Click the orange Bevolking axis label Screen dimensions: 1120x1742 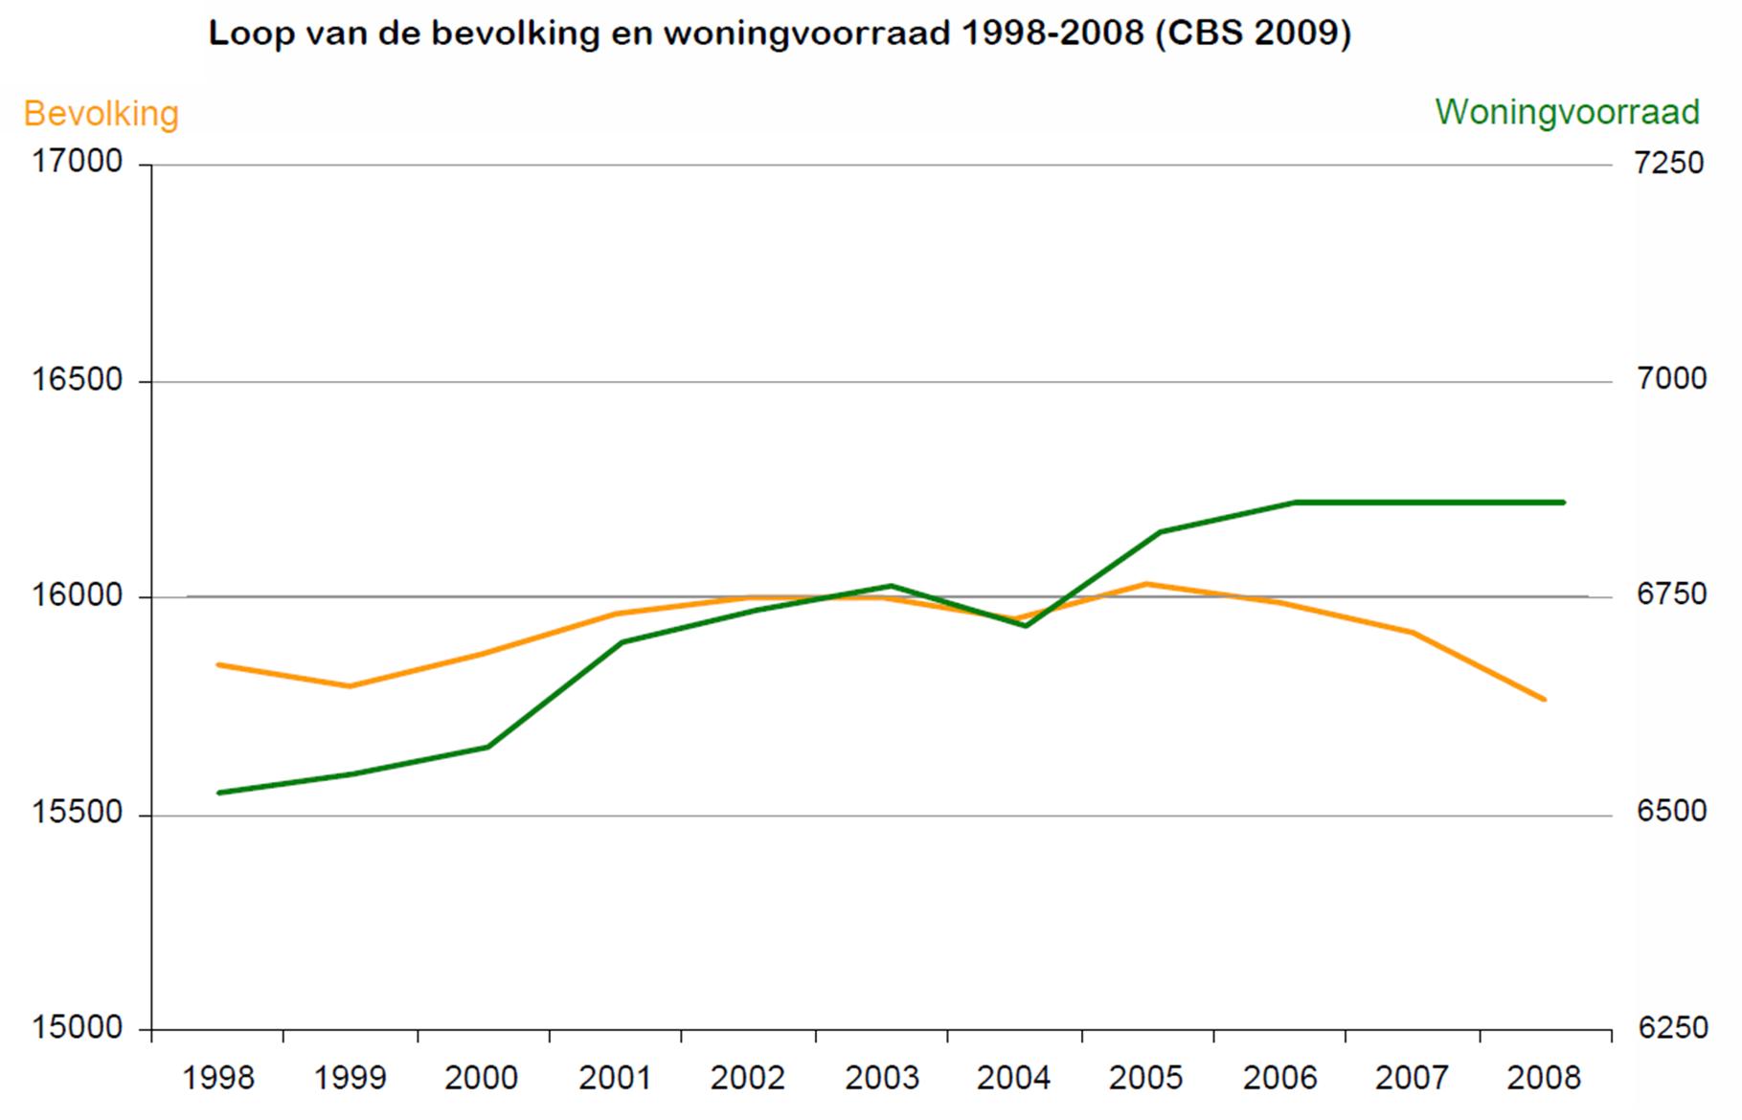tap(101, 114)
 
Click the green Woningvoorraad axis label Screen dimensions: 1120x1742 tap(1567, 112)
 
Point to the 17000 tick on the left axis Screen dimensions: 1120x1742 tap(78, 162)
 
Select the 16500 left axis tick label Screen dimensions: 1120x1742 tap(78, 379)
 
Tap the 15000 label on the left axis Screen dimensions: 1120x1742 tap(78, 1028)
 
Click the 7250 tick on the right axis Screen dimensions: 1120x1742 tap(1670, 162)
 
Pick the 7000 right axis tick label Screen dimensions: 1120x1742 tap(1670, 379)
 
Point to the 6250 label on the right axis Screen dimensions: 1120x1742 tap(1670, 1028)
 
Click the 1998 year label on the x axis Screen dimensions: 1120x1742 tap(218, 1079)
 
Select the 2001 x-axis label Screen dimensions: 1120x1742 tap(615, 1079)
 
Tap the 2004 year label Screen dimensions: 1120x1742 tap(1013, 1079)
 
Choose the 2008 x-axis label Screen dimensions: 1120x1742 tap(1544, 1079)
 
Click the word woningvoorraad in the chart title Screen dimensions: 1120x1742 tap(807, 34)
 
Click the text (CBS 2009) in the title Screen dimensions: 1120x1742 tap(1254, 34)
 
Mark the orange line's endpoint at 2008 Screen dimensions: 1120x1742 tap(1544, 700)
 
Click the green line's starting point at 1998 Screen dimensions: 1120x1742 tap(219, 793)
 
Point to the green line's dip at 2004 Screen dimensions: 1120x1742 tap(1025, 625)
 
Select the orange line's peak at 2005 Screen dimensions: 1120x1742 tap(1146, 583)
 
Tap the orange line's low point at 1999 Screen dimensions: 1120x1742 tap(351, 686)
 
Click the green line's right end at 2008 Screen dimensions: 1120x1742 tap(1563, 502)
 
